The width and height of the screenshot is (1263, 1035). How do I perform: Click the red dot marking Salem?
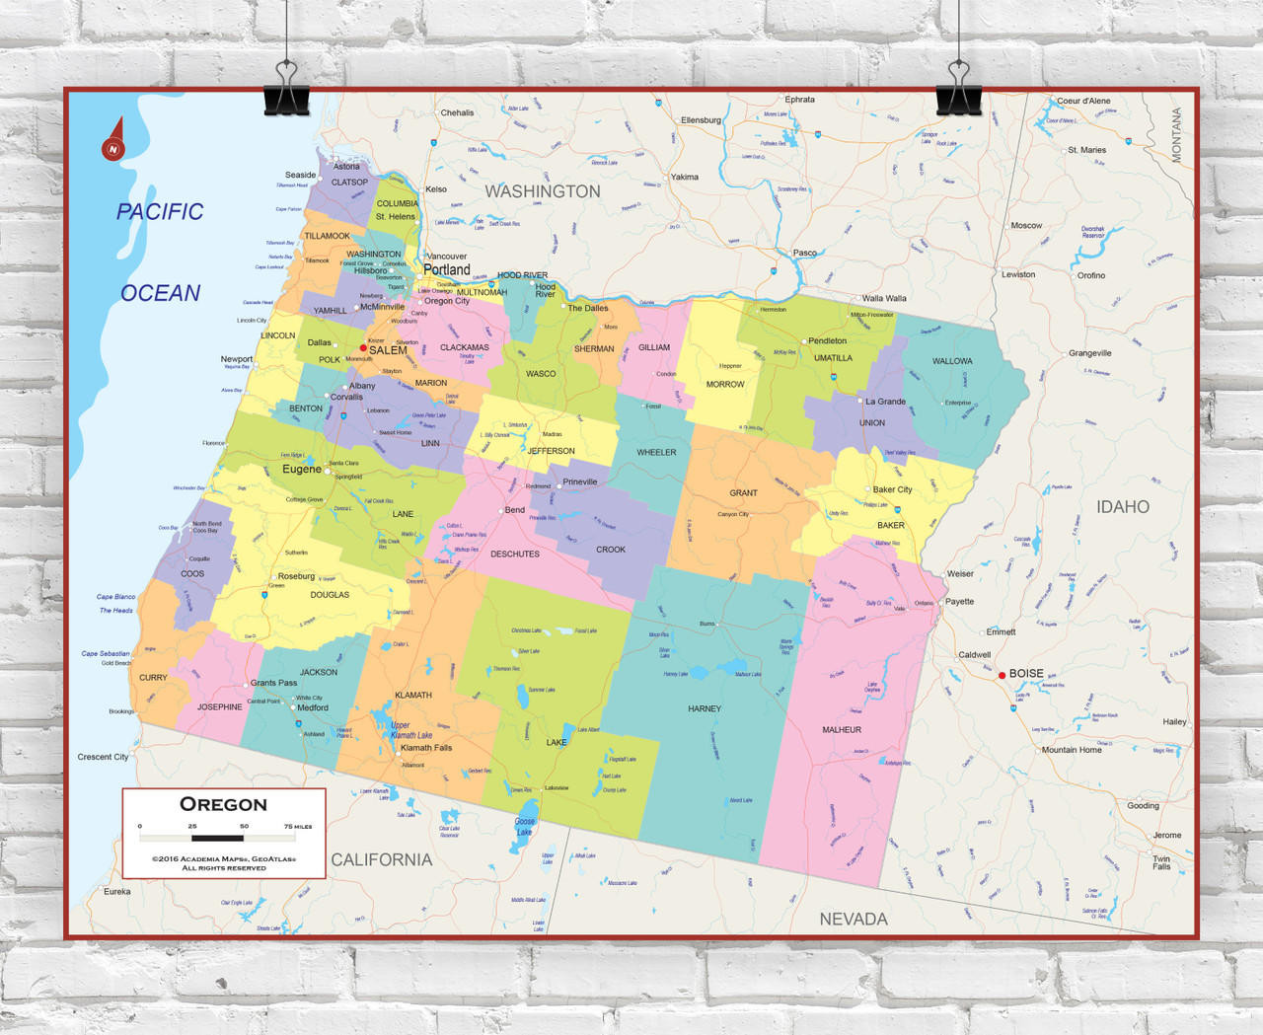(363, 348)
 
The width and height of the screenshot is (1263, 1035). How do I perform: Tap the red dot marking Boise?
(1002, 675)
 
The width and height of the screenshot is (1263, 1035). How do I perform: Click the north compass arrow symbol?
(113, 140)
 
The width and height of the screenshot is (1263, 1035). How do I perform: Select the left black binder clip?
(286, 89)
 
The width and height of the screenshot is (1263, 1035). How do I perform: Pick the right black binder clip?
(958, 89)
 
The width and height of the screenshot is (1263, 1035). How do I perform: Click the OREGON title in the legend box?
(223, 804)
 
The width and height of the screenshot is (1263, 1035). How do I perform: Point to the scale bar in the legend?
(217, 838)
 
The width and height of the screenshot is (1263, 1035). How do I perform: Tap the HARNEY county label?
(705, 708)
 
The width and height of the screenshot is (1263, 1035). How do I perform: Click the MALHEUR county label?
(842, 730)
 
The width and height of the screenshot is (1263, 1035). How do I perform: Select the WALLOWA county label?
(952, 361)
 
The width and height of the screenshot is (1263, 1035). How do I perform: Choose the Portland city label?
(447, 269)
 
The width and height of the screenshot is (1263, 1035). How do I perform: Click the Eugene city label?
(302, 470)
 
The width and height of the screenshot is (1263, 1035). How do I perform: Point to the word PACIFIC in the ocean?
(160, 211)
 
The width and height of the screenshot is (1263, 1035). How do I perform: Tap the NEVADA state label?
(854, 919)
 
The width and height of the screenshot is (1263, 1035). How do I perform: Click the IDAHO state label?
(1123, 507)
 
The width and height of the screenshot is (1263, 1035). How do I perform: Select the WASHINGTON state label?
(543, 191)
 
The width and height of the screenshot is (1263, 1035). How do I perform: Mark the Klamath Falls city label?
(426, 748)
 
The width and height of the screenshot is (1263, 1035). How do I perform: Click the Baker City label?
(892, 489)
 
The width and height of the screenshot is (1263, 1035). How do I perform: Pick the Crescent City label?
(103, 757)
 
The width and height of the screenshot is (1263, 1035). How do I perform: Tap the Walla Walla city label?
(884, 298)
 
